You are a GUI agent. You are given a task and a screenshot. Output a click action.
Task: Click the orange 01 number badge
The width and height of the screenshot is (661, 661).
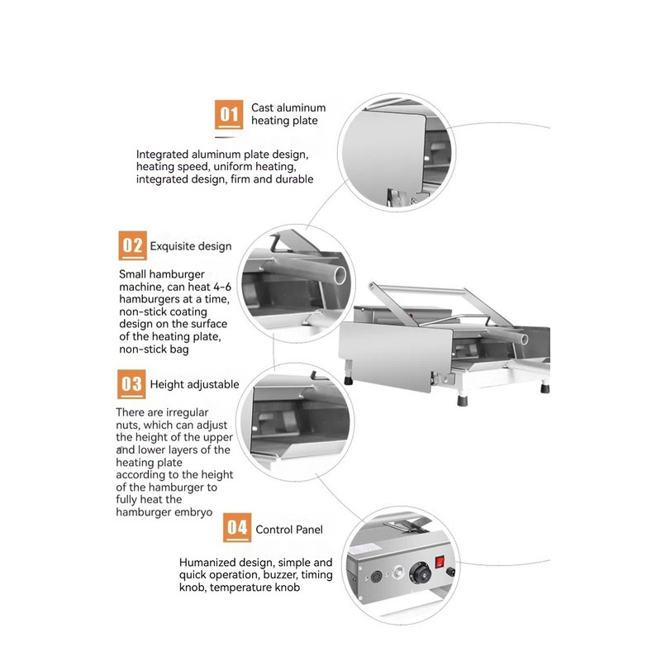(x=229, y=114)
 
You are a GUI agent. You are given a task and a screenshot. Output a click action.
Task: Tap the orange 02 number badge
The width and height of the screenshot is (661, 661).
(x=132, y=245)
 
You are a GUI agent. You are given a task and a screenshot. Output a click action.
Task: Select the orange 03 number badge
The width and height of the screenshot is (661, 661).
(x=131, y=384)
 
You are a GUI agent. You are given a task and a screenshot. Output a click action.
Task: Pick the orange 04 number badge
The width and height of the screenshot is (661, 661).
(x=237, y=527)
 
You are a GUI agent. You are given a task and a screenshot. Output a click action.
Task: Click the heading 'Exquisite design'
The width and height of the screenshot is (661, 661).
(x=191, y=246)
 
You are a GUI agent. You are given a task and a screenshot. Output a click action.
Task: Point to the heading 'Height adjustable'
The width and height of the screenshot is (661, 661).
(x=194, y=384)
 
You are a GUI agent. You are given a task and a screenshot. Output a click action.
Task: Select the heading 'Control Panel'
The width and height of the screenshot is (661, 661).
(x=289, y=530)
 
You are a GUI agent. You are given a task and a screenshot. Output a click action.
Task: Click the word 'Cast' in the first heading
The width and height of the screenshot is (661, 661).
(x=262, y=108)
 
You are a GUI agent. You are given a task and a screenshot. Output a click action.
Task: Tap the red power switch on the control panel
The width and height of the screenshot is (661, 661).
(x=440, y=562)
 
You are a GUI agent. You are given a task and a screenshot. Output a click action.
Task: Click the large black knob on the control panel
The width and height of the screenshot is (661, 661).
(x=421, y=573)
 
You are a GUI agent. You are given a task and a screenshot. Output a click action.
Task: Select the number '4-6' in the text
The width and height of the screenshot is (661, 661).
(x=221, y=287)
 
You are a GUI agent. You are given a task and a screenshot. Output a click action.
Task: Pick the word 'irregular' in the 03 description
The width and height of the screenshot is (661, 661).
(x=189, y=412)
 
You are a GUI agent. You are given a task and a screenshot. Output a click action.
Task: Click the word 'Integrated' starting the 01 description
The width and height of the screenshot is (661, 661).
(x=162, y=155)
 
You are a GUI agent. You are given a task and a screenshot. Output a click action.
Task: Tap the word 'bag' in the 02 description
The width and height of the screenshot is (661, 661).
(x=180, y=350)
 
